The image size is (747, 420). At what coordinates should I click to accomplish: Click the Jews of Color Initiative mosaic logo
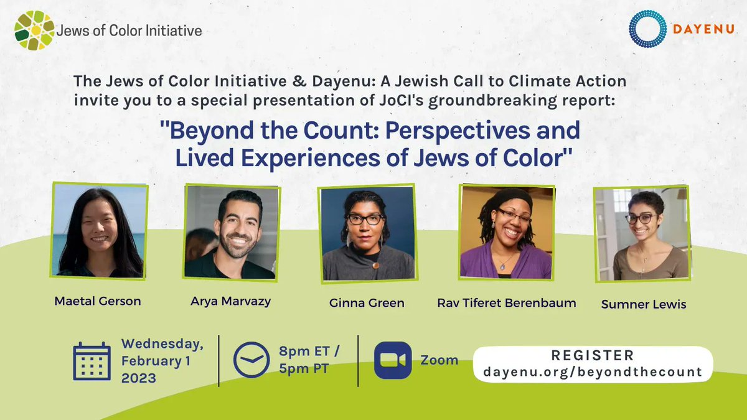pos(34,30)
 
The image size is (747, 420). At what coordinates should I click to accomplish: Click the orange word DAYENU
pos(703,29)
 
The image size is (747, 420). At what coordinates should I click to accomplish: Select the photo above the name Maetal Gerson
pos(99,231)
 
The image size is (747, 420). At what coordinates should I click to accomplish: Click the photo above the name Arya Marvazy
pos(232,232)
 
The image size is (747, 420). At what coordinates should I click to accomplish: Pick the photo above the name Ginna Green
pos(367,233)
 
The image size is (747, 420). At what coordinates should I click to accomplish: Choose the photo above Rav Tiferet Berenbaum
pos(507,232)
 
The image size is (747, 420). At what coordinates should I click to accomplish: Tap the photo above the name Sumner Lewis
pos(642,234)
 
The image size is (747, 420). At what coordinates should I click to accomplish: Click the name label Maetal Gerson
pos(98,301)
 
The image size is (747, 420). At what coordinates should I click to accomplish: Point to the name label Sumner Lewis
pos(644,304)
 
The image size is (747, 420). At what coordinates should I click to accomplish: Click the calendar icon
pos(92,361)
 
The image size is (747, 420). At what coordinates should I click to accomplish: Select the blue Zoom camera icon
pos(393,360)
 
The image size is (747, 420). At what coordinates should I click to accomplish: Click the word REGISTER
pos(593,355)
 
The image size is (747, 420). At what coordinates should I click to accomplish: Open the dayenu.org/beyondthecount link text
pos(593,372)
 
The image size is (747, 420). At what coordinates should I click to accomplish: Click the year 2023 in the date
pos(139,378)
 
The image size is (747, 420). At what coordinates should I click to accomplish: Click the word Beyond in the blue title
pos(212,130)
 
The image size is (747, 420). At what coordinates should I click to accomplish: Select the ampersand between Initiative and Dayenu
pos(299,82)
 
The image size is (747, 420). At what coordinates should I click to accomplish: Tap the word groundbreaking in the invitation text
pos(492,101)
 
